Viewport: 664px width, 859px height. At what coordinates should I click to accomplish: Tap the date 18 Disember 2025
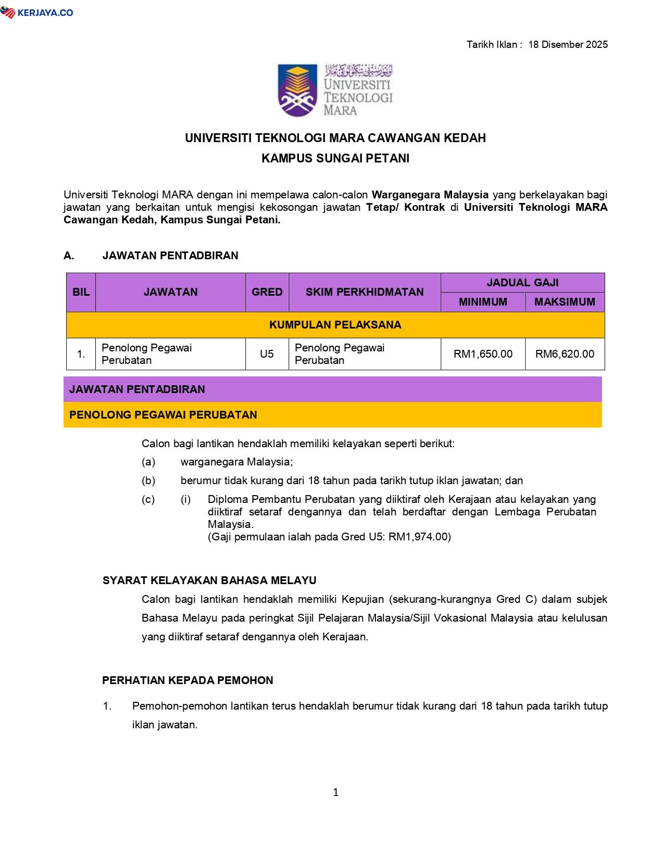568,44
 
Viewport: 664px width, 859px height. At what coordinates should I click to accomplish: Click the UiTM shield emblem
297,90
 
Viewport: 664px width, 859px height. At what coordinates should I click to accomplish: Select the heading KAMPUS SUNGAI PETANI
335,158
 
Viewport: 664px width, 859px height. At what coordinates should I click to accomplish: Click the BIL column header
81,292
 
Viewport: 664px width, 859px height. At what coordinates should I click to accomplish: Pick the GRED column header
267,292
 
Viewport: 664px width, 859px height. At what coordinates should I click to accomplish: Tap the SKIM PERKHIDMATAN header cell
365,292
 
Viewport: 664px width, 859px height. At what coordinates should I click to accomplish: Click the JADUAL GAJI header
522,282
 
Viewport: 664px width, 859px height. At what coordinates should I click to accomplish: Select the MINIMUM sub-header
483,302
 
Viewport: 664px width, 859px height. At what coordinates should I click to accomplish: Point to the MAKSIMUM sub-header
565,302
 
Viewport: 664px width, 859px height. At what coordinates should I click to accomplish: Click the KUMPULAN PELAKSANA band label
335,325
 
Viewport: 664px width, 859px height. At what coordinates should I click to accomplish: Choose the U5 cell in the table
267,354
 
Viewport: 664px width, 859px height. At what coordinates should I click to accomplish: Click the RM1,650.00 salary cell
483,354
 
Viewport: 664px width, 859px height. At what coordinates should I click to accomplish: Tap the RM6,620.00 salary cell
565,354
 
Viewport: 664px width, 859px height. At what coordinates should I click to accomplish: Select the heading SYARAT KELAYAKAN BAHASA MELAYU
209,580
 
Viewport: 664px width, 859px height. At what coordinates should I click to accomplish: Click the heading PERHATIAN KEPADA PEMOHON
187,680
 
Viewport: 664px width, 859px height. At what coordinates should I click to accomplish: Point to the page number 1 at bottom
335,792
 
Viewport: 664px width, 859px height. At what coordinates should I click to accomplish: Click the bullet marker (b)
148,481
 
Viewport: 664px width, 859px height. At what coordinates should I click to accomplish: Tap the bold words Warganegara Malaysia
430,195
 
